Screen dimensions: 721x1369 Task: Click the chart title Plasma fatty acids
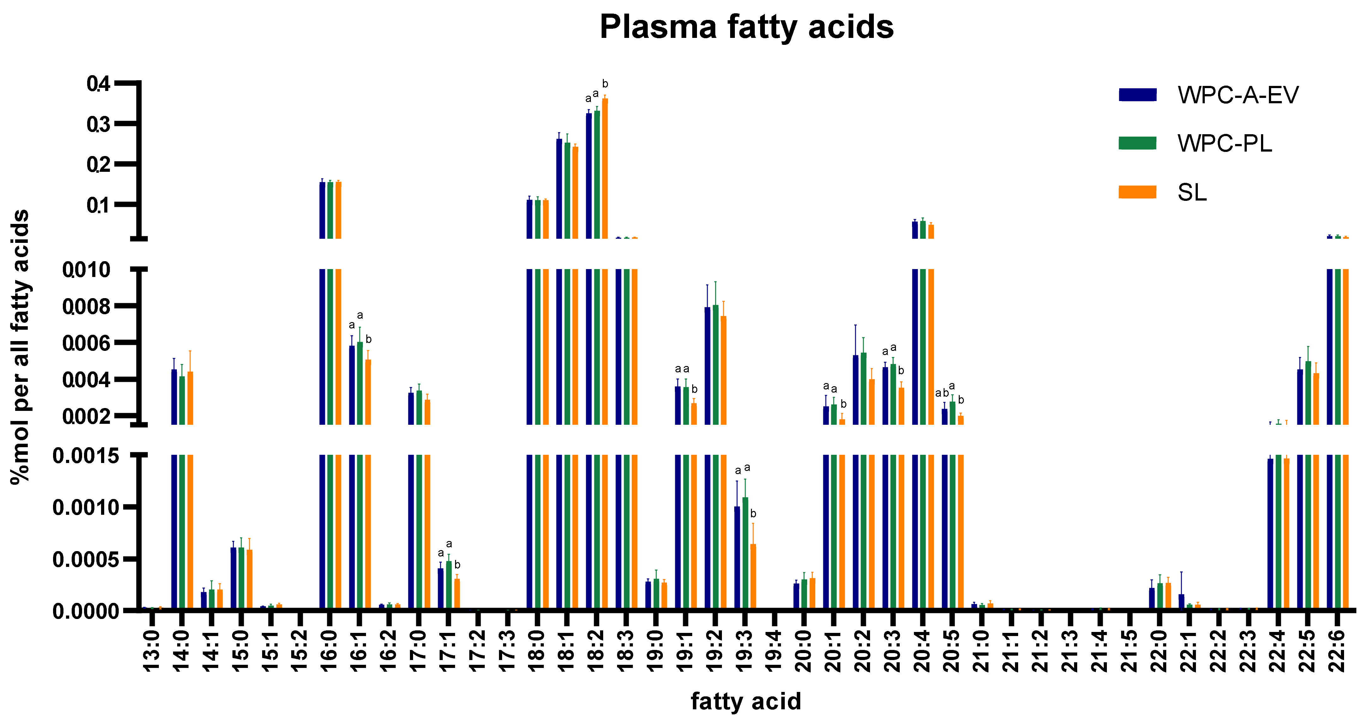point(746,27)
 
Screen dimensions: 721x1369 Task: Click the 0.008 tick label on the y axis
point(86,307)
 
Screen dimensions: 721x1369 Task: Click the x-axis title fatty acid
point(746,701)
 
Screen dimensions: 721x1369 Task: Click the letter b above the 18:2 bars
point(605,84)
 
